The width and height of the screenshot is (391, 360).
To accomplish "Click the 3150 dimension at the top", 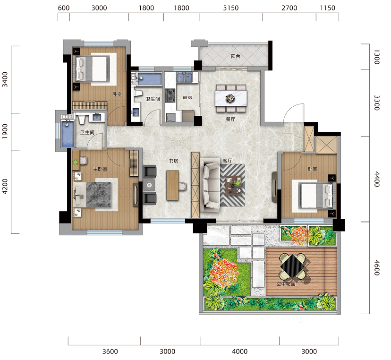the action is click(x=230, y=8).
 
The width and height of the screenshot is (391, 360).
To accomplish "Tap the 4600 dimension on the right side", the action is click(x=377, y=268).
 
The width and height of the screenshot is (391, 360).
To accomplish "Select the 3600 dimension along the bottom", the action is click(x=110, y=351).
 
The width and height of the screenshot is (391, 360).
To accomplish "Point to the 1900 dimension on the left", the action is click(x=5, y=131).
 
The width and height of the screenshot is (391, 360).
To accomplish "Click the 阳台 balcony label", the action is click(x=235, y=56).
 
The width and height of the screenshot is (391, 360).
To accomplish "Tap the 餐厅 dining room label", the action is click(x=230, y=119).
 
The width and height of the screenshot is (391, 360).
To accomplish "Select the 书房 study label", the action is click(x=174, y=161).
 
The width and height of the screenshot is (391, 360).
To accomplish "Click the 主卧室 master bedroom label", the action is click(x=100, y=169).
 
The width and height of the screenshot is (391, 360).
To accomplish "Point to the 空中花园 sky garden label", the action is click(x=286, y=283).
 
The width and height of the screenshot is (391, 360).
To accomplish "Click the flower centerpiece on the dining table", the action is click(x=230, y=98).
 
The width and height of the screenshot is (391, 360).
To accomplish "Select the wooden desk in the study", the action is click(x=172, y=185).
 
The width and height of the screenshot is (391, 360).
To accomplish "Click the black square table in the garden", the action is click(x=292, y=266).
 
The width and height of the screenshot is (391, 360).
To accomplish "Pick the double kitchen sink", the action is click(x=184, y=77).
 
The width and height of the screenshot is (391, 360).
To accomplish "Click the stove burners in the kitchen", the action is click(x=170, y=95).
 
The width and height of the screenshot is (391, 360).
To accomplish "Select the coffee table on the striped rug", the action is click(x=234, y=185).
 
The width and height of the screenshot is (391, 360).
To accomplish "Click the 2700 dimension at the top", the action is click(x=289, y=8).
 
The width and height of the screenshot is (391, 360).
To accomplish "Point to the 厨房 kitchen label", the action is click(x=187, y=97).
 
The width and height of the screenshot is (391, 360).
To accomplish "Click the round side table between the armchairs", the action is click(x=149, y=185).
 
